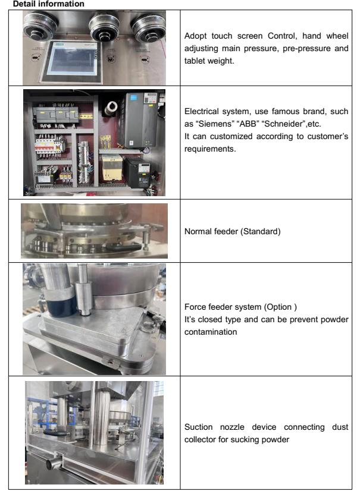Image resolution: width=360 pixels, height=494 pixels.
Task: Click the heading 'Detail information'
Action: tap(49, 4)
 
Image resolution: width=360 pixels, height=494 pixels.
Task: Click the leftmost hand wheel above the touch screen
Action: tap(40, 25)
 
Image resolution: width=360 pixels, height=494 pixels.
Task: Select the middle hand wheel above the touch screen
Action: tap(105, 27)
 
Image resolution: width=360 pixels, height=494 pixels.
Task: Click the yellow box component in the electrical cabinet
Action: tap(112, 167)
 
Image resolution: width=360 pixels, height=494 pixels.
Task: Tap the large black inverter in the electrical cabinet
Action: tap(142, 119)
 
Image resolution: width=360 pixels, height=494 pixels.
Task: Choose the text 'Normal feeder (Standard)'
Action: tap(232, 231)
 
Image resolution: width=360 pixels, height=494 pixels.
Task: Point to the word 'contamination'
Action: tap(211, 332)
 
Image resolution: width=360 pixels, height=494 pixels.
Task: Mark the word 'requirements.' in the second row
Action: tap(210, 149)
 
